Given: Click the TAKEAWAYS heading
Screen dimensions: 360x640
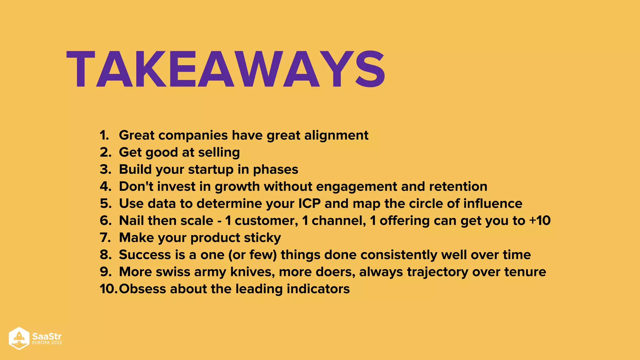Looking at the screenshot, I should (226, 69).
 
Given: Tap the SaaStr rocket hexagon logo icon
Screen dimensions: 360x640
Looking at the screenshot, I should (19, 338).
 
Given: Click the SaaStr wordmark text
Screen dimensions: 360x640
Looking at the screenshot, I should (47, 336).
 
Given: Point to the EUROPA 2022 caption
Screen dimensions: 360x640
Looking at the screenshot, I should (47, 343).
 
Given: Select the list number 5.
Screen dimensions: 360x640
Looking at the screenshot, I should (106, 203).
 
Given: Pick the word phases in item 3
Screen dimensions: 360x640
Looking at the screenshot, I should (275, 170).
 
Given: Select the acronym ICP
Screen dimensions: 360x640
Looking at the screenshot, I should (309, 203).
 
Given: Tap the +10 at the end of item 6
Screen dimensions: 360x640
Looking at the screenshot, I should (540, 221).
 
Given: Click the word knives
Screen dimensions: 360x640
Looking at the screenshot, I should (252, 272).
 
